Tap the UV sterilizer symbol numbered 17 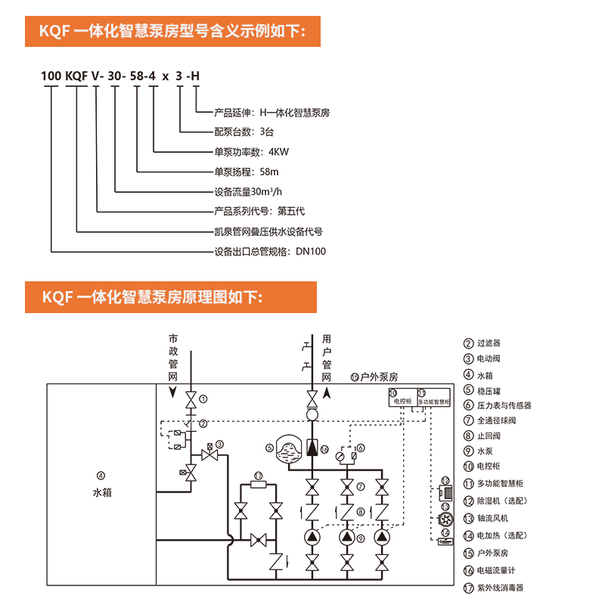(x=259, y=486)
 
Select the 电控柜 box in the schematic (x=400, y=398)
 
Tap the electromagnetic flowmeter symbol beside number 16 (x=311, y=449)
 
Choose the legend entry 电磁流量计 (x=495, y=569)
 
